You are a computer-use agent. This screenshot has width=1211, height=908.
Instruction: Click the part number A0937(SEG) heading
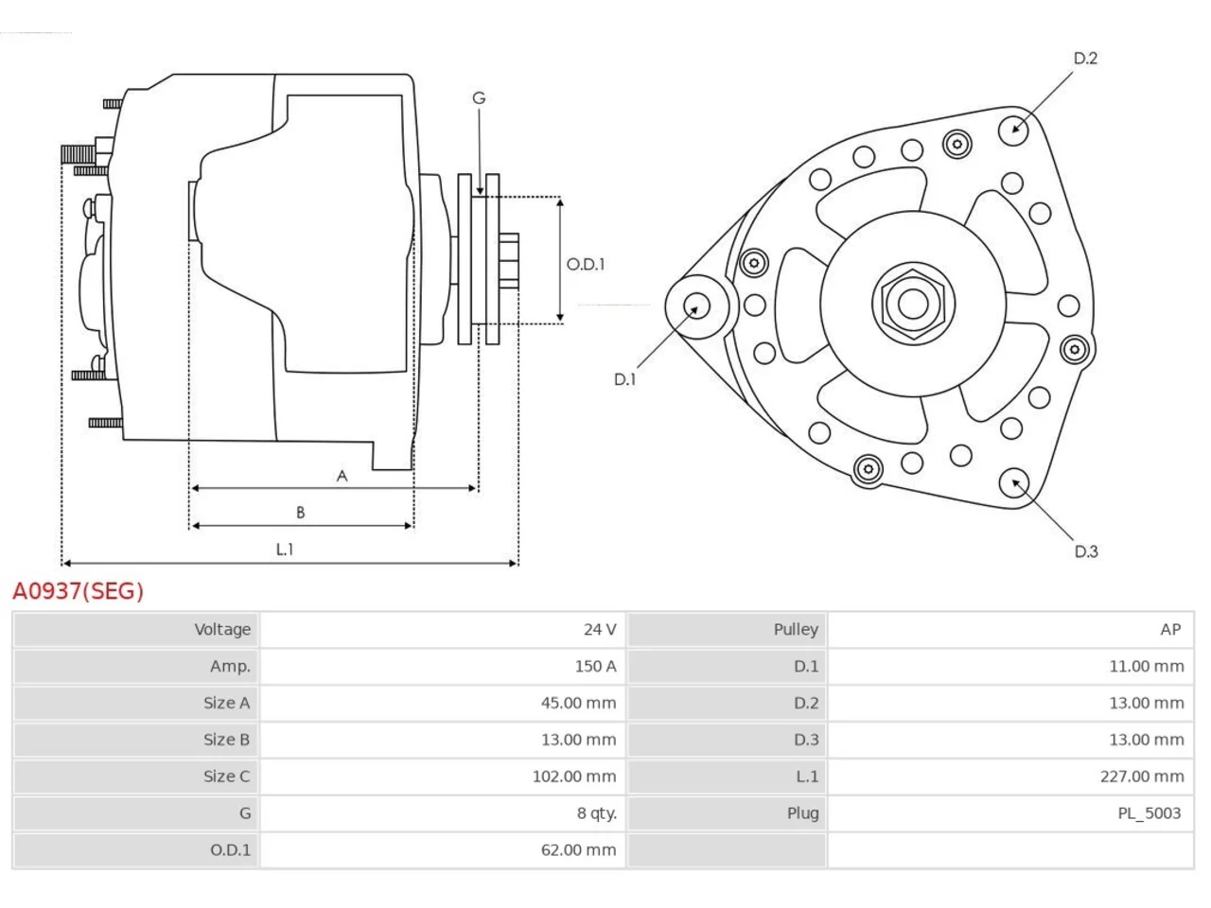(x=78, y=590)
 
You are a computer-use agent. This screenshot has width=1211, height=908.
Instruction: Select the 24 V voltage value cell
(x=600, y=629)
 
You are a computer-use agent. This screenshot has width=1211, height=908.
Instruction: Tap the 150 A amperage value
(x=595, y=666)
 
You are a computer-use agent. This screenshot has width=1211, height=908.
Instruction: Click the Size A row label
(x=227, y=703)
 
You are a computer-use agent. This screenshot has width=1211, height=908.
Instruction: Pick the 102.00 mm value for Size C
(x=573, y=777)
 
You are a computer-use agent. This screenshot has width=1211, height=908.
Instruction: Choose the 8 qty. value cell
(x=596, y=813)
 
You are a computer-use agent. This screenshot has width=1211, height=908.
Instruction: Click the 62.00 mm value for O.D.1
(x=578, y=849)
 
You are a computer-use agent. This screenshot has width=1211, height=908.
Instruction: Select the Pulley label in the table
(x=796, y=630)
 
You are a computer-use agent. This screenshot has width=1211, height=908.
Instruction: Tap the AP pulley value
(x=1170, y=629)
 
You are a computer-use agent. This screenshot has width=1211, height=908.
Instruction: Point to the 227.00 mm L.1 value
(x=1142, y=777)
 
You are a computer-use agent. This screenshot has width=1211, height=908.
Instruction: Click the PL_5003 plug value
(x=1150, y=813)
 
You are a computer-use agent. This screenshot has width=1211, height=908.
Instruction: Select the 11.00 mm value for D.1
(x=1147, y=666)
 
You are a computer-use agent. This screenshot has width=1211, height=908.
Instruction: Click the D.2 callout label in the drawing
(x=1085, y=58)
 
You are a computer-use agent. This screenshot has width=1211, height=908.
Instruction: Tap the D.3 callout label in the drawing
(x=1086, y=551)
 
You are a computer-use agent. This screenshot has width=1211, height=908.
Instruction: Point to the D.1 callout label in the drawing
(x=624, y=379)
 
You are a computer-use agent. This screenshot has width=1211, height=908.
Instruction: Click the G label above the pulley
(x=479, y=98)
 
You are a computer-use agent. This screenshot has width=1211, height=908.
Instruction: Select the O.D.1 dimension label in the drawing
(x=586, y=264)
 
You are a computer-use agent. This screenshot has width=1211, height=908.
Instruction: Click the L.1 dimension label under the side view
(x=285, y=550)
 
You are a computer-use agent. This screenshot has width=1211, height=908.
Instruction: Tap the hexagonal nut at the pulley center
(x=913, y=304)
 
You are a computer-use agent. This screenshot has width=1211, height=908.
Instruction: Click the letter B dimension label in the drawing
(x=300, y=512)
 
